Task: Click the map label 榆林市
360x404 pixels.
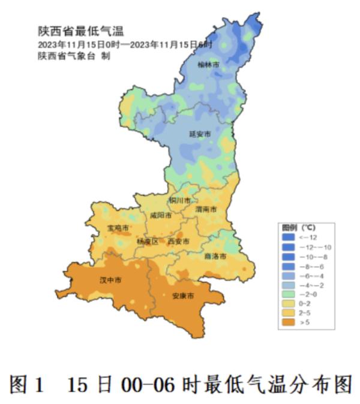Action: (208, 64)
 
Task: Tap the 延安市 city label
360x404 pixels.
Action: (200, 134)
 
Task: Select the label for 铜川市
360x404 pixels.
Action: (179, 200)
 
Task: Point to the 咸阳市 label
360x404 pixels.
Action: (161, 215)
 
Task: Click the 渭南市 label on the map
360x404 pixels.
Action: (205, 210)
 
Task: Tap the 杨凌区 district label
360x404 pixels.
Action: (147, 242)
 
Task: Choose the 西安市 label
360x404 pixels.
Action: (178, 242)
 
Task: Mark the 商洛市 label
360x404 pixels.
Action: (215, 256)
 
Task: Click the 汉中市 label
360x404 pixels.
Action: (110, 281)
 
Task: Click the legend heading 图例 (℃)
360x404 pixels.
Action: (299, 228)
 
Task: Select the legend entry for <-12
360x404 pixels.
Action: (306, 237)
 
